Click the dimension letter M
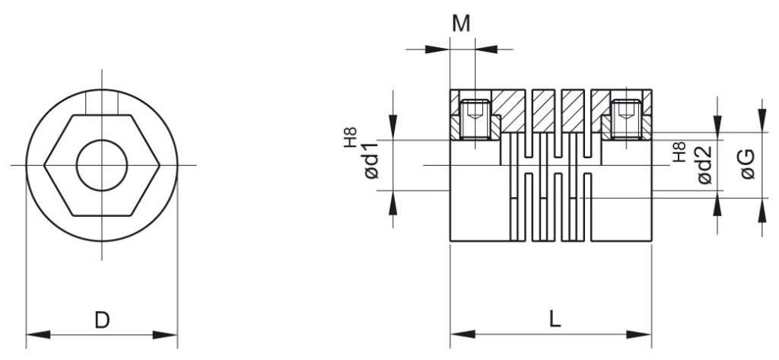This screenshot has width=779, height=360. pyautogui.click(x=461, y=24)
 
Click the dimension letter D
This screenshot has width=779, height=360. pyautogui.click(x=102, y=320)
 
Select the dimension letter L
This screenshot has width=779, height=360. pyautogui.click(x=555, y=320)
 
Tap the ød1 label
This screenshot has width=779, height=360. pyautogui.click(x=371, y=160)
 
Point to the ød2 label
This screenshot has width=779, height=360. pyautogui.click(x=704, y=165)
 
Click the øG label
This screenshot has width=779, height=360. pyautogui.click(x=747, y=164)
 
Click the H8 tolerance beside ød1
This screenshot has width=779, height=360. pyautogui.click(x=350, y=137)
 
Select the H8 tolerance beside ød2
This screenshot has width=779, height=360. pyautogui.click(x=679, y=152)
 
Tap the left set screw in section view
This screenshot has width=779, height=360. pyautogui.click(x=475, y=119)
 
